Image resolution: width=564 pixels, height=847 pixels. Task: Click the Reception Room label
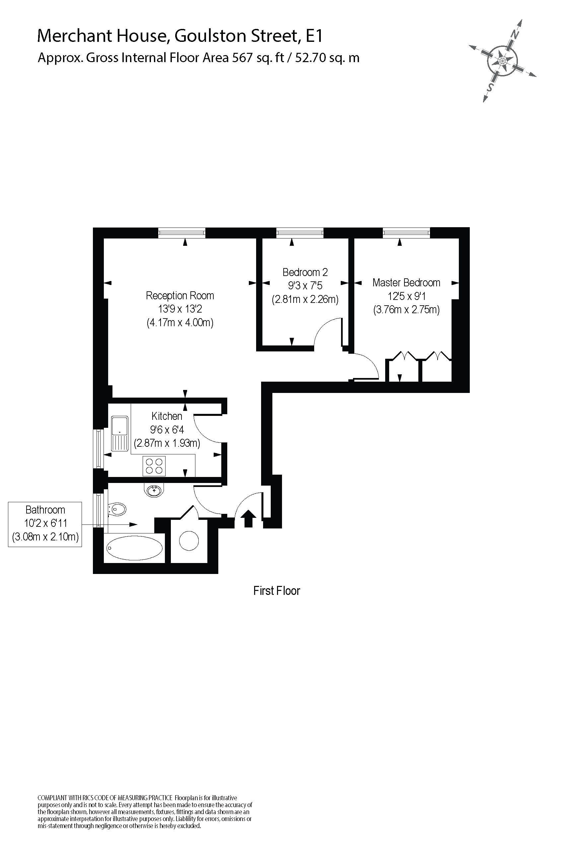coord(179,296)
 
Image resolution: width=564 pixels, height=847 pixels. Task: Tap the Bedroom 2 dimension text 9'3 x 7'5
coord(305,286)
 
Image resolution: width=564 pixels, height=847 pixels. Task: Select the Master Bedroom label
coord(406,283)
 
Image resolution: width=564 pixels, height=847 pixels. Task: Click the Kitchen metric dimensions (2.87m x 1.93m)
coord(167,443)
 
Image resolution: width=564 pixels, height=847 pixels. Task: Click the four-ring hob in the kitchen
coord(154,466)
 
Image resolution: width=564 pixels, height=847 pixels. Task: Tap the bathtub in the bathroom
coord(134,548)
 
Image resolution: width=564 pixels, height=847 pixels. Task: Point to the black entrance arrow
coord(248,519)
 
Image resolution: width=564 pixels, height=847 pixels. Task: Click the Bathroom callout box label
coord(45,510)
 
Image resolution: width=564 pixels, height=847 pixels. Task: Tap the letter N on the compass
coord(515,35)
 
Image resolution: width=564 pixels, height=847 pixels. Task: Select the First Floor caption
coord(276,591)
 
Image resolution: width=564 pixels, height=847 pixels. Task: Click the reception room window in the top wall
coord(182,233)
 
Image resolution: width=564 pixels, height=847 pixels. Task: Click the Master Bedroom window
coord(406,233)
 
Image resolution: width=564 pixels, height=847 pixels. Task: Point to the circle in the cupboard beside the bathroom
coord(189,540)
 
